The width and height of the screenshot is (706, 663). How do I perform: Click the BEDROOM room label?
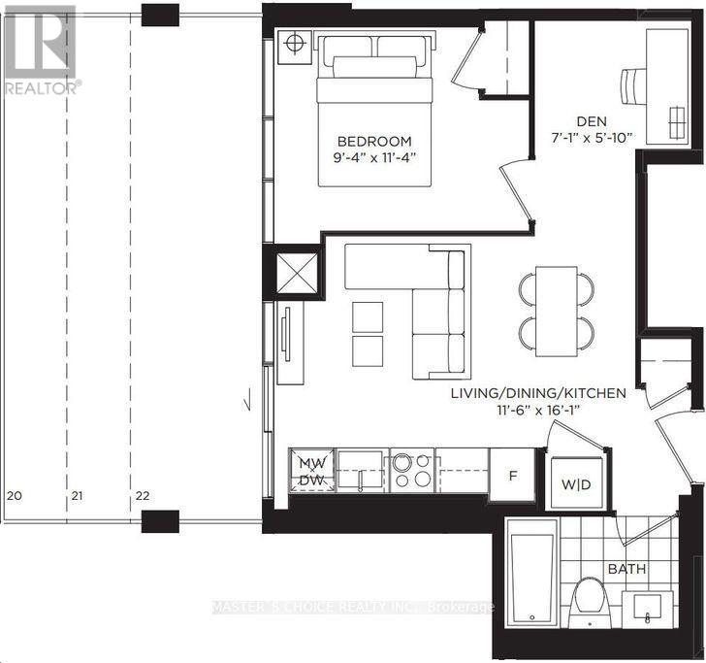374,142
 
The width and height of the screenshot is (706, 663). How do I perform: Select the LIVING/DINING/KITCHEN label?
538,393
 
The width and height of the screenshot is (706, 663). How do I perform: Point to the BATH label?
626,569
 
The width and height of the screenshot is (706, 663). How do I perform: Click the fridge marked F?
512,474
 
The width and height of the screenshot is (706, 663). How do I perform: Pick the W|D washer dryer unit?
576,483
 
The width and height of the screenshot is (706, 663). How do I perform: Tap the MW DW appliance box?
311,471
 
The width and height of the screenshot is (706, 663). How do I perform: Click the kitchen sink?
360,469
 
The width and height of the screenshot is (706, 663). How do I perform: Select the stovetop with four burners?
411,470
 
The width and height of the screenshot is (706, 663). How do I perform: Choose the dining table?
556,312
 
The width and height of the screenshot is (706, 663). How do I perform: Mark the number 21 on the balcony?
77,496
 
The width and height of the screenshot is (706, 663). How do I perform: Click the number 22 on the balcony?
143,496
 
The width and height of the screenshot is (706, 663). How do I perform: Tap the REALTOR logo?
42,50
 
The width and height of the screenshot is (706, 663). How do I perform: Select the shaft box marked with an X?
297,273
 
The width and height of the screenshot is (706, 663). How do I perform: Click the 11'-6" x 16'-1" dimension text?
538,411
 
